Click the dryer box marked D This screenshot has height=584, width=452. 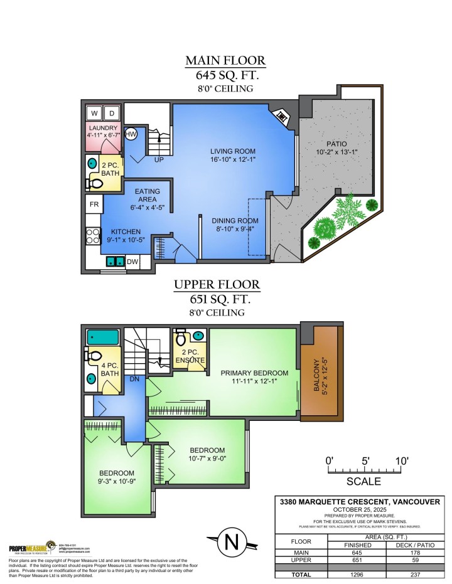click(112, 113)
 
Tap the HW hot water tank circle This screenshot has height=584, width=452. click(131, 134)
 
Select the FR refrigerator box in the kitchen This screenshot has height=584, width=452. click(93, 204)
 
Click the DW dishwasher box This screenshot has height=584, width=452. click(133, 262)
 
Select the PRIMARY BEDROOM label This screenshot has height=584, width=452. click(254, 373)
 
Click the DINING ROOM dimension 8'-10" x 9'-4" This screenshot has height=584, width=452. click(235, 230)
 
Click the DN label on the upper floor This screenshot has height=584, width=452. click(134, 379)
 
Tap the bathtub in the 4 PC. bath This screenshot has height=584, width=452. click(103, 337)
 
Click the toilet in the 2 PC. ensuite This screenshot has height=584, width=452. click(181, 339)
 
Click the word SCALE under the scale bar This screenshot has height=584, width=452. click(363, 482)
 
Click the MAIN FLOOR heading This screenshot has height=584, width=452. click(225, 61)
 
